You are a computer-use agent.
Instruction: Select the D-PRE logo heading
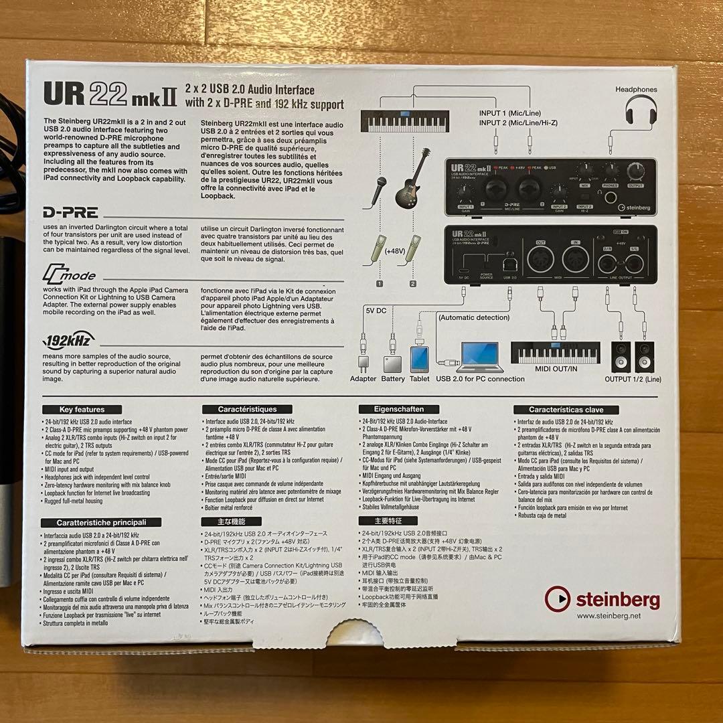tap(71, 213)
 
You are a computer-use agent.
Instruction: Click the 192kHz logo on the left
tap(69, 339)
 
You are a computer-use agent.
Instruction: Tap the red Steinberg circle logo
tap(558, 598)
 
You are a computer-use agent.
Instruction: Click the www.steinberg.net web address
tap(608, 616)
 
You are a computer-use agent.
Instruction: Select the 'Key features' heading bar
tap(89, 410)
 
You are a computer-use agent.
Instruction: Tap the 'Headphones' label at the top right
tap(637, 89)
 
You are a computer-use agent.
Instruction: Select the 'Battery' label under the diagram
tap(393, 379)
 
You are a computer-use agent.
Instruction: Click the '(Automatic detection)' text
tap(475, 317)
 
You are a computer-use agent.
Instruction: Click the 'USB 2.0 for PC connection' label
tap(480, 379)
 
